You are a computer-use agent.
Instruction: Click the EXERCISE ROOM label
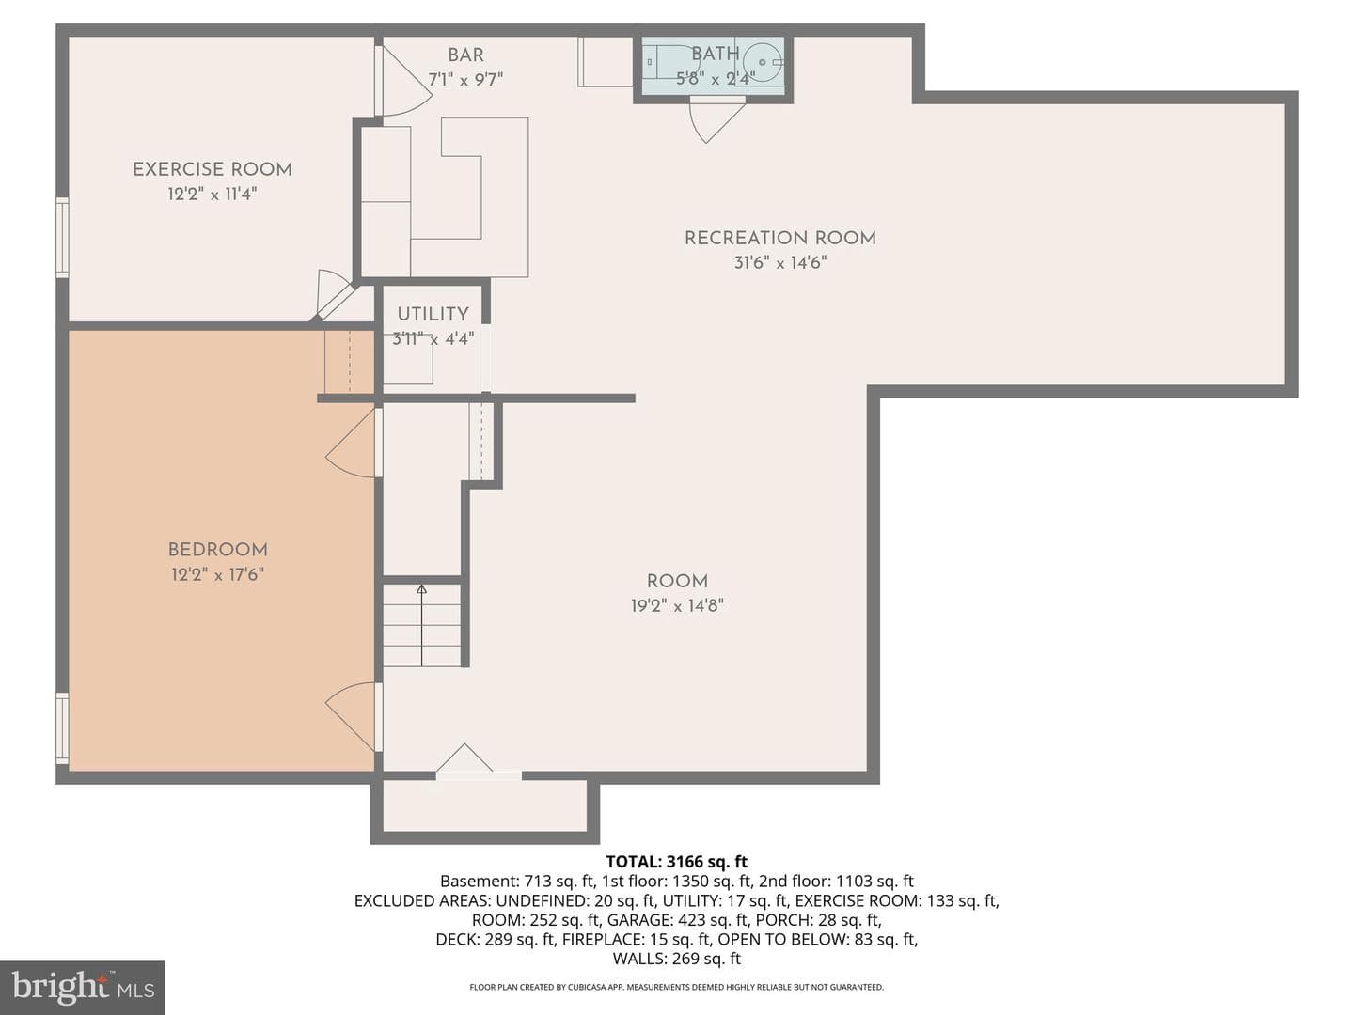[x=213, y=169]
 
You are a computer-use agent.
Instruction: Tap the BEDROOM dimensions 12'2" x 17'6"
[x=218, y=574]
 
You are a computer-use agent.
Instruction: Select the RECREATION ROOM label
[x=780, y=238]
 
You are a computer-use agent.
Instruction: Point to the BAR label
[x=465, y=55]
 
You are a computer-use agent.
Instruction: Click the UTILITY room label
[x=433, y=314]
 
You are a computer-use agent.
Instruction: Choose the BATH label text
[x=716, y=54]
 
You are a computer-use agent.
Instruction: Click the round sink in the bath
[x=763, y=62]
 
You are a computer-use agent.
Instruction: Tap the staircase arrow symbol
[x=421, y=625]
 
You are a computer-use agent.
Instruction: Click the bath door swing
[x=716, y=120]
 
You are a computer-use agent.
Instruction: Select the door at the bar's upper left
[x=406, y=82]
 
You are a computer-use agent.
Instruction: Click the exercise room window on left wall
[x=62, y=237]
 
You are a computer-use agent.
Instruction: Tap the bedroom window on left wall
[x=62, y=728]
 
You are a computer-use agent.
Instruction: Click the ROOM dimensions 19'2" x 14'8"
[x=677, y=606]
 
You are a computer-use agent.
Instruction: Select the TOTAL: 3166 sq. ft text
[x=677, y=862]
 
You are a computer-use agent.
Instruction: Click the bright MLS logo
[x=83, y=987]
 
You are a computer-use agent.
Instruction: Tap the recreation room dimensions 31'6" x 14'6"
[x=780, y=262]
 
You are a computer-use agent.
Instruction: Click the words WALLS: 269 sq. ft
[x=677, y=959]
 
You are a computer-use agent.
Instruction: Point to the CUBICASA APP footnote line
[x=677, y=987]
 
